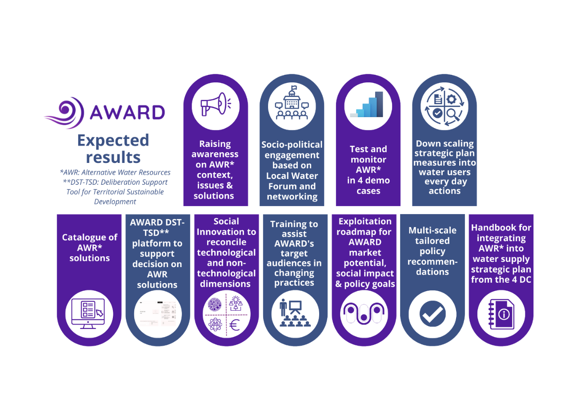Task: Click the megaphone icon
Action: [x=216, y=104]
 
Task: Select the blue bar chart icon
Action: [x=367, y=104]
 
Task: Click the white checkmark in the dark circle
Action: [x=433, y=314]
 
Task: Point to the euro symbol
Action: [x=234, y=325]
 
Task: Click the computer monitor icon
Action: [x=88, y=314]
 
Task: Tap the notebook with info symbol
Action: [x=501, y=314]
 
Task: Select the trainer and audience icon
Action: [x=295, y=313]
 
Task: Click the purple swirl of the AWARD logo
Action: [x=64, y=113]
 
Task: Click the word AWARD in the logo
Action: [x=128, y=112]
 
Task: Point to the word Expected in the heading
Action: [x=113, y=141]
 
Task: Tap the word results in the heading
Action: [x=113, y=157]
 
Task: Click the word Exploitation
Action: [x=365, y=221]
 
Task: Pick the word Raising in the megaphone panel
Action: [x=215, y=144]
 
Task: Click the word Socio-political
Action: [x=292, y=145]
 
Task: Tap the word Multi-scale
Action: [x=433, y=230]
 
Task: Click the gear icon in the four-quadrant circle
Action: [x=451, y=99]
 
